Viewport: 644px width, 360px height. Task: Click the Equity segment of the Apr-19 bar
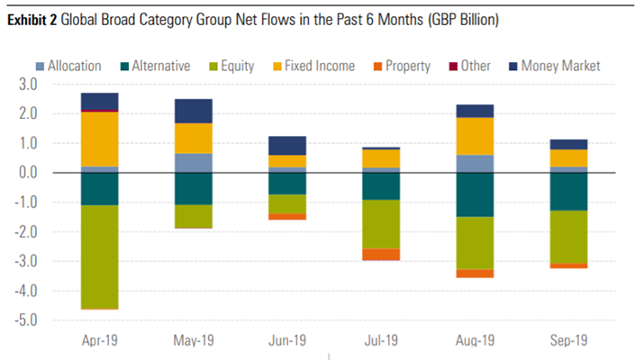99,256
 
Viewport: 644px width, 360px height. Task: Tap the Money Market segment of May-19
194,111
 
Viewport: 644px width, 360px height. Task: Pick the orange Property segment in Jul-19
381,255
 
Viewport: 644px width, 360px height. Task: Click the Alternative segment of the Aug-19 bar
475,194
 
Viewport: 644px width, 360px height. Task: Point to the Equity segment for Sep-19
569,237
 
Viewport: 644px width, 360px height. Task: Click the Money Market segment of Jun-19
287,146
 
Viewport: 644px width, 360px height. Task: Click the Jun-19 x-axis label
287,341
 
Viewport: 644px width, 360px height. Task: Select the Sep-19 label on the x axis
569,341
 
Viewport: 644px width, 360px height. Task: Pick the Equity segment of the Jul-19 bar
381,224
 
